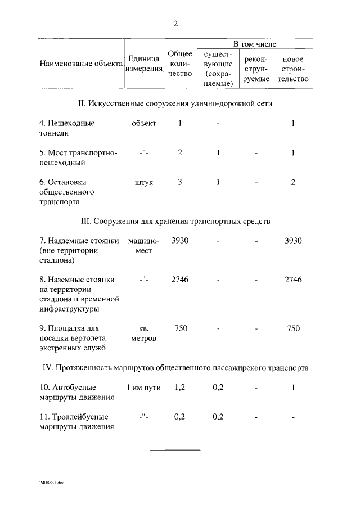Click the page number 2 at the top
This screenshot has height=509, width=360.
click(x=176, y=24)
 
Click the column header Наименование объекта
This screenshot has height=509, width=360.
click(x=81, y=64)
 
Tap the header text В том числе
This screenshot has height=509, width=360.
click(x=255, y=44)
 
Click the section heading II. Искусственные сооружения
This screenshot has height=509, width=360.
click(x=176, y=104)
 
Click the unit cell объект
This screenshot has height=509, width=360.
click(x=143, y=123)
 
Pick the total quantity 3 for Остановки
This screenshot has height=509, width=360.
click(x=179, y=182)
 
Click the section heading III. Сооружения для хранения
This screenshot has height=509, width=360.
click(x=176, y=221)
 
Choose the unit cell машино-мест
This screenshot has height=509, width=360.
click(x=144, y=246)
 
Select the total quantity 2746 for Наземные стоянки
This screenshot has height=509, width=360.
click(x=180, y=280)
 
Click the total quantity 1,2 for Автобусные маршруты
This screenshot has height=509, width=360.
click(x=180, y=388)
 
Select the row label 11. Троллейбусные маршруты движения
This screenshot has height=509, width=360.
click(x=77, y=421)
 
